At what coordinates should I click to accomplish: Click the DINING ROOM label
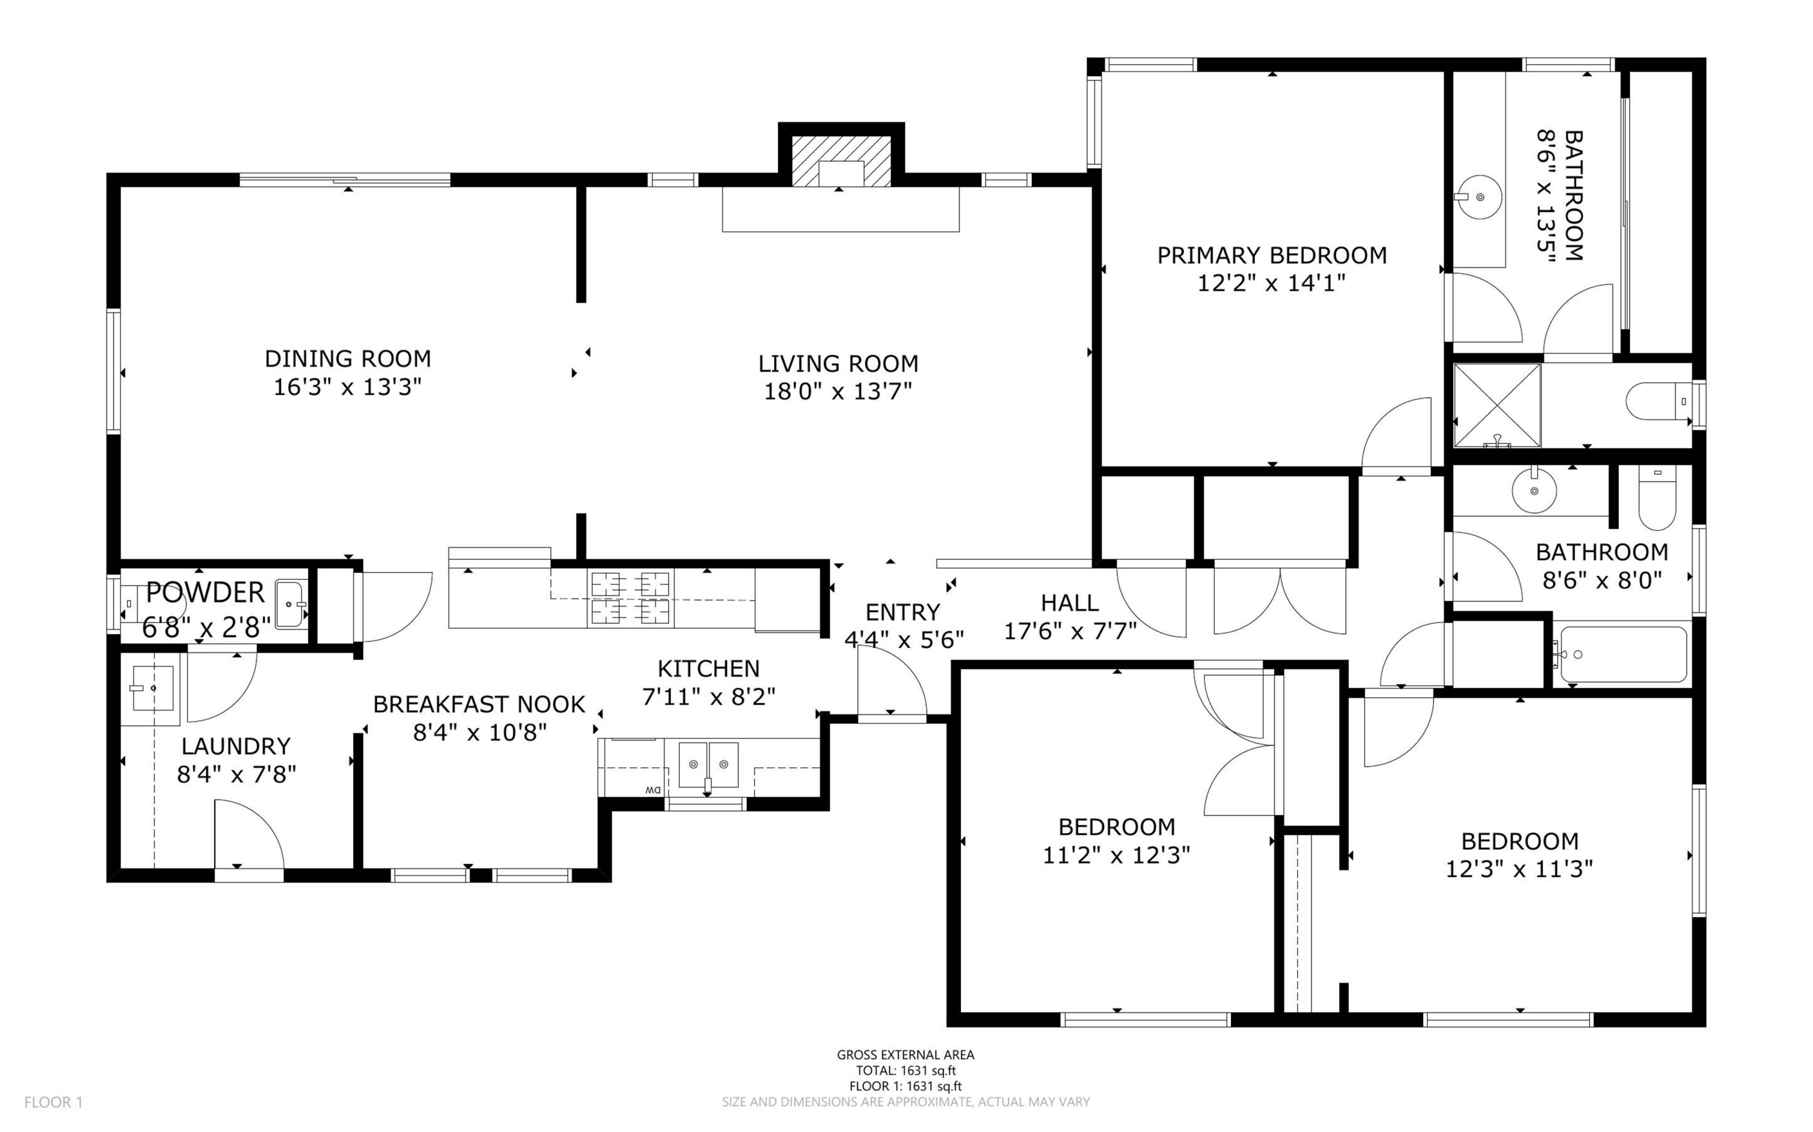tap(347, 359)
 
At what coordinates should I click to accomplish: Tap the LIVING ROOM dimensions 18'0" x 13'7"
tap(838, 391)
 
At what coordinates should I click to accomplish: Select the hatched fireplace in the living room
tap(842, 161)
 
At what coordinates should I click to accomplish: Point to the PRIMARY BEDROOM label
tap(1272, 256)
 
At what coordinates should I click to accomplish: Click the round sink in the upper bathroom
tap(1478, 197)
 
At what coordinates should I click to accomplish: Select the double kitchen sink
tap(708, 765)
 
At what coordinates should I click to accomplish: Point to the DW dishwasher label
tap(652, 791)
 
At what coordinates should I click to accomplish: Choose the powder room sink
tap(291, 604)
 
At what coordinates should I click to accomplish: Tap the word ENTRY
tap(902, 613)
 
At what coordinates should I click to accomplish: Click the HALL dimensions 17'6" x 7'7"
tap(1070, 632)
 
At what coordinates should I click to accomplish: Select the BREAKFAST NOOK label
tap(479, 704)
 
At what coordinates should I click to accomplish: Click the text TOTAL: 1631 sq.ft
tap(905, 1070)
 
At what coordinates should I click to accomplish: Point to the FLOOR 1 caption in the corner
tap(53, 1102)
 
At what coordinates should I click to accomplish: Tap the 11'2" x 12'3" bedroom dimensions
tap(1117, 855)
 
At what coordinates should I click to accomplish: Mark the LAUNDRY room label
tap(236, 747)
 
